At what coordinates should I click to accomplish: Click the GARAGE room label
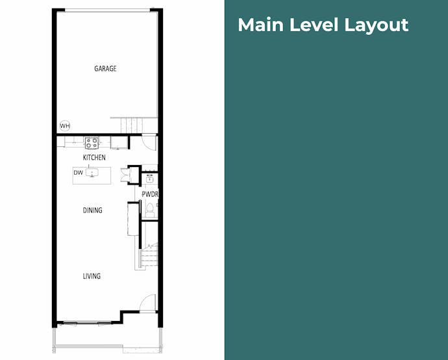click(105, 69)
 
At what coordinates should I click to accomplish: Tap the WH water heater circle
click(65, 126)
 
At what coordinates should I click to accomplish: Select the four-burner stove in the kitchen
click(92, 143)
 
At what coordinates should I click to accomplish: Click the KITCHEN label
click(94, 157)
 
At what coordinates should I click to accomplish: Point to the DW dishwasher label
click(78, 173)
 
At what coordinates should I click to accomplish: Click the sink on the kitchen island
click(92, 172)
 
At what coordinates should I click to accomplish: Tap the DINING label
click(93, 210)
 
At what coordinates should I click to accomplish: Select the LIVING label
click(92, 276)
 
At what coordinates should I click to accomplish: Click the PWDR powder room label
click(150, 194)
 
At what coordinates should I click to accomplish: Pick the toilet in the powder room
click(150, 210)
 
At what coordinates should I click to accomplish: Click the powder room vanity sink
click(150, 179)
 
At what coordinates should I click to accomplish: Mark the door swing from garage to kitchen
click(149, 142)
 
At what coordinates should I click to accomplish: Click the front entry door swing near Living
click(148, 303)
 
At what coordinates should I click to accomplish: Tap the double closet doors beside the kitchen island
click(125, 175)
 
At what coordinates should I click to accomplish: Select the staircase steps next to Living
click(148, 258)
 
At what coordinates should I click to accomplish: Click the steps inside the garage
click(132, 125)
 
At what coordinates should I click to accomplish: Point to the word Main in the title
click(260, 25)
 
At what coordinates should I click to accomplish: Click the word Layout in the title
click(377, 25)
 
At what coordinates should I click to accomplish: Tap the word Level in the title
click(314, 25)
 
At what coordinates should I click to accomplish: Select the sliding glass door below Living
click(87, 324)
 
